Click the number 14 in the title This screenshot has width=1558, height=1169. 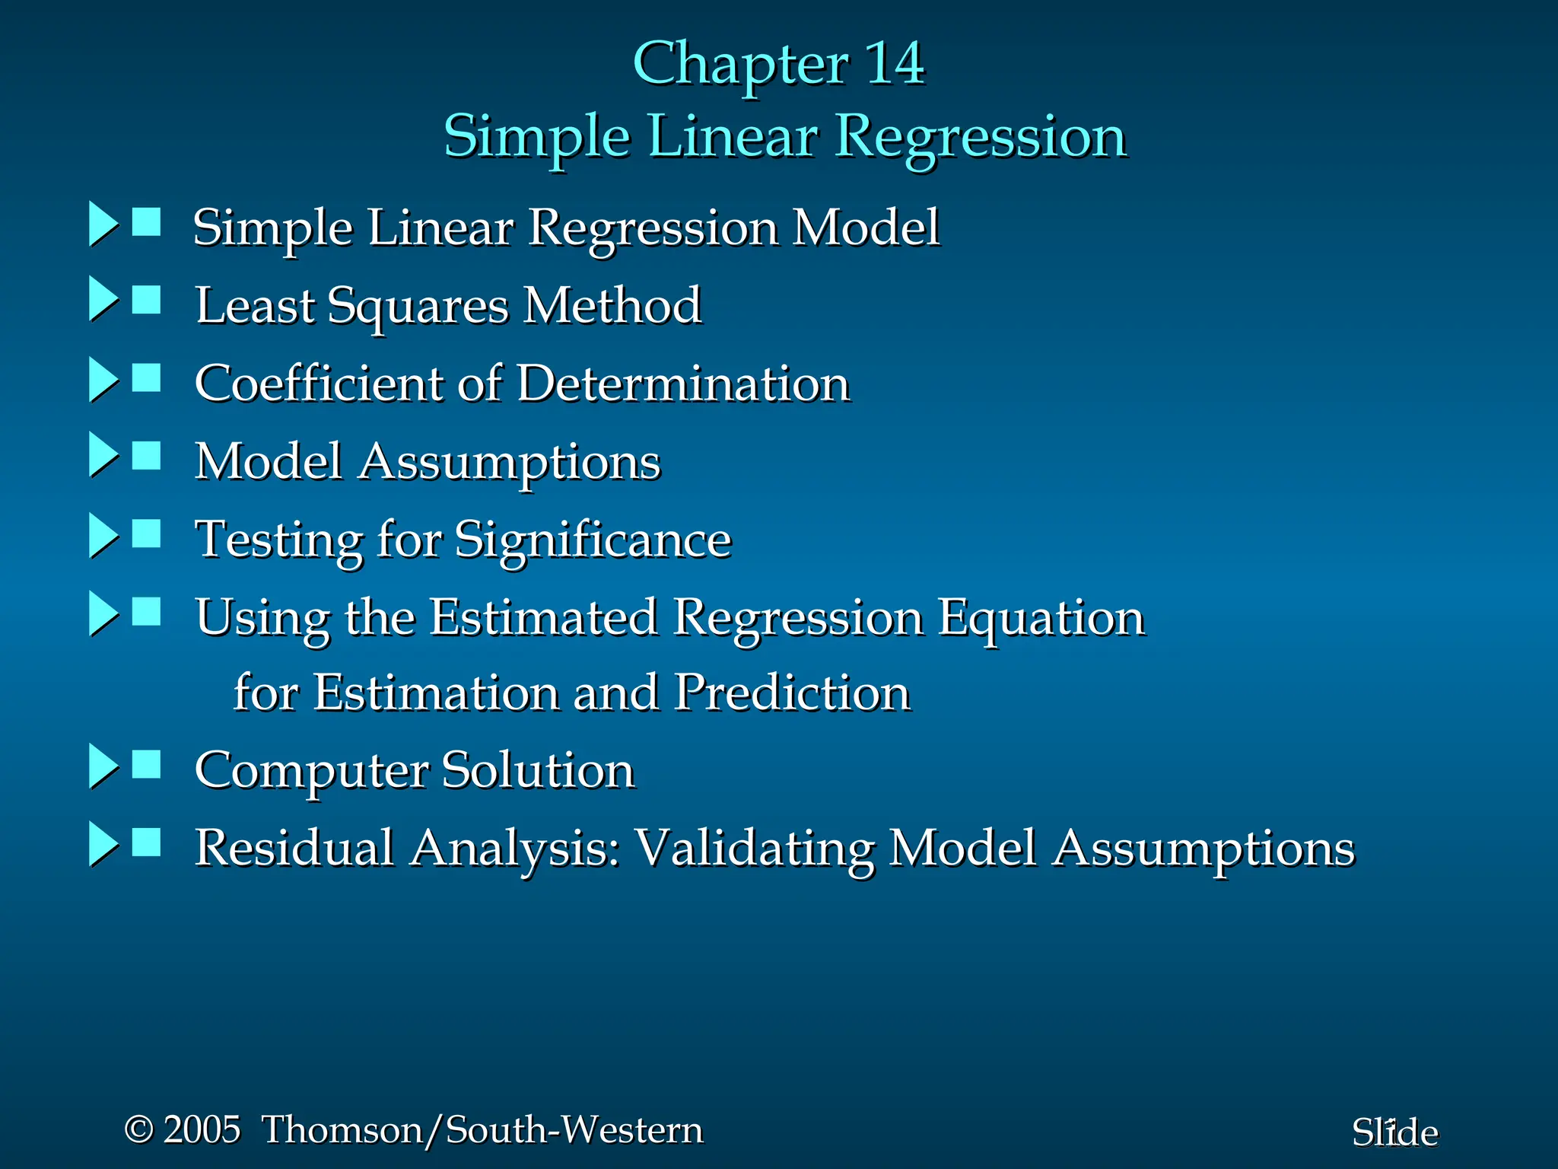pyautogui.click(x=895, y=63)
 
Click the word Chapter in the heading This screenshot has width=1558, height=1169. pyautogui.click(x=740, y=65)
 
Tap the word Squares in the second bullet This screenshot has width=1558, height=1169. pyautogui.click(x=418, y=307)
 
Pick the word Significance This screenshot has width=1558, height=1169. pyautogui.click(x=593, y=540)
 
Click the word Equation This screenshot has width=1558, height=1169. pyautogui.click(x=1041, y=618)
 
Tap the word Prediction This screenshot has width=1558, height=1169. pyautogui.click(x=792, y=693)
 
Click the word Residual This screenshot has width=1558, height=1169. pyautogui.click(x=294, y=848)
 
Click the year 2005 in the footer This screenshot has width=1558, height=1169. pyautogui.click(x=202, y=1129)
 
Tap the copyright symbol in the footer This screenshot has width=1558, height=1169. pyautogui.click(x=138, y=1129)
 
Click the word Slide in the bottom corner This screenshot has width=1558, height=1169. pyautogui.click(x=1394, y=1133)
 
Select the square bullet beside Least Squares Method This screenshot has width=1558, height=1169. pyautogui.click(x=146, y=300)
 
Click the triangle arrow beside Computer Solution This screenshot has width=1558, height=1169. pyautogui.click(x=103, y=766)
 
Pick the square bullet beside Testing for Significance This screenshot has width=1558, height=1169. pyautogui.click(x=146, y=534)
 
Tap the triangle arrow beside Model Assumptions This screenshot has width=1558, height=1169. pyautogui.click(x=103, y=455)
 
